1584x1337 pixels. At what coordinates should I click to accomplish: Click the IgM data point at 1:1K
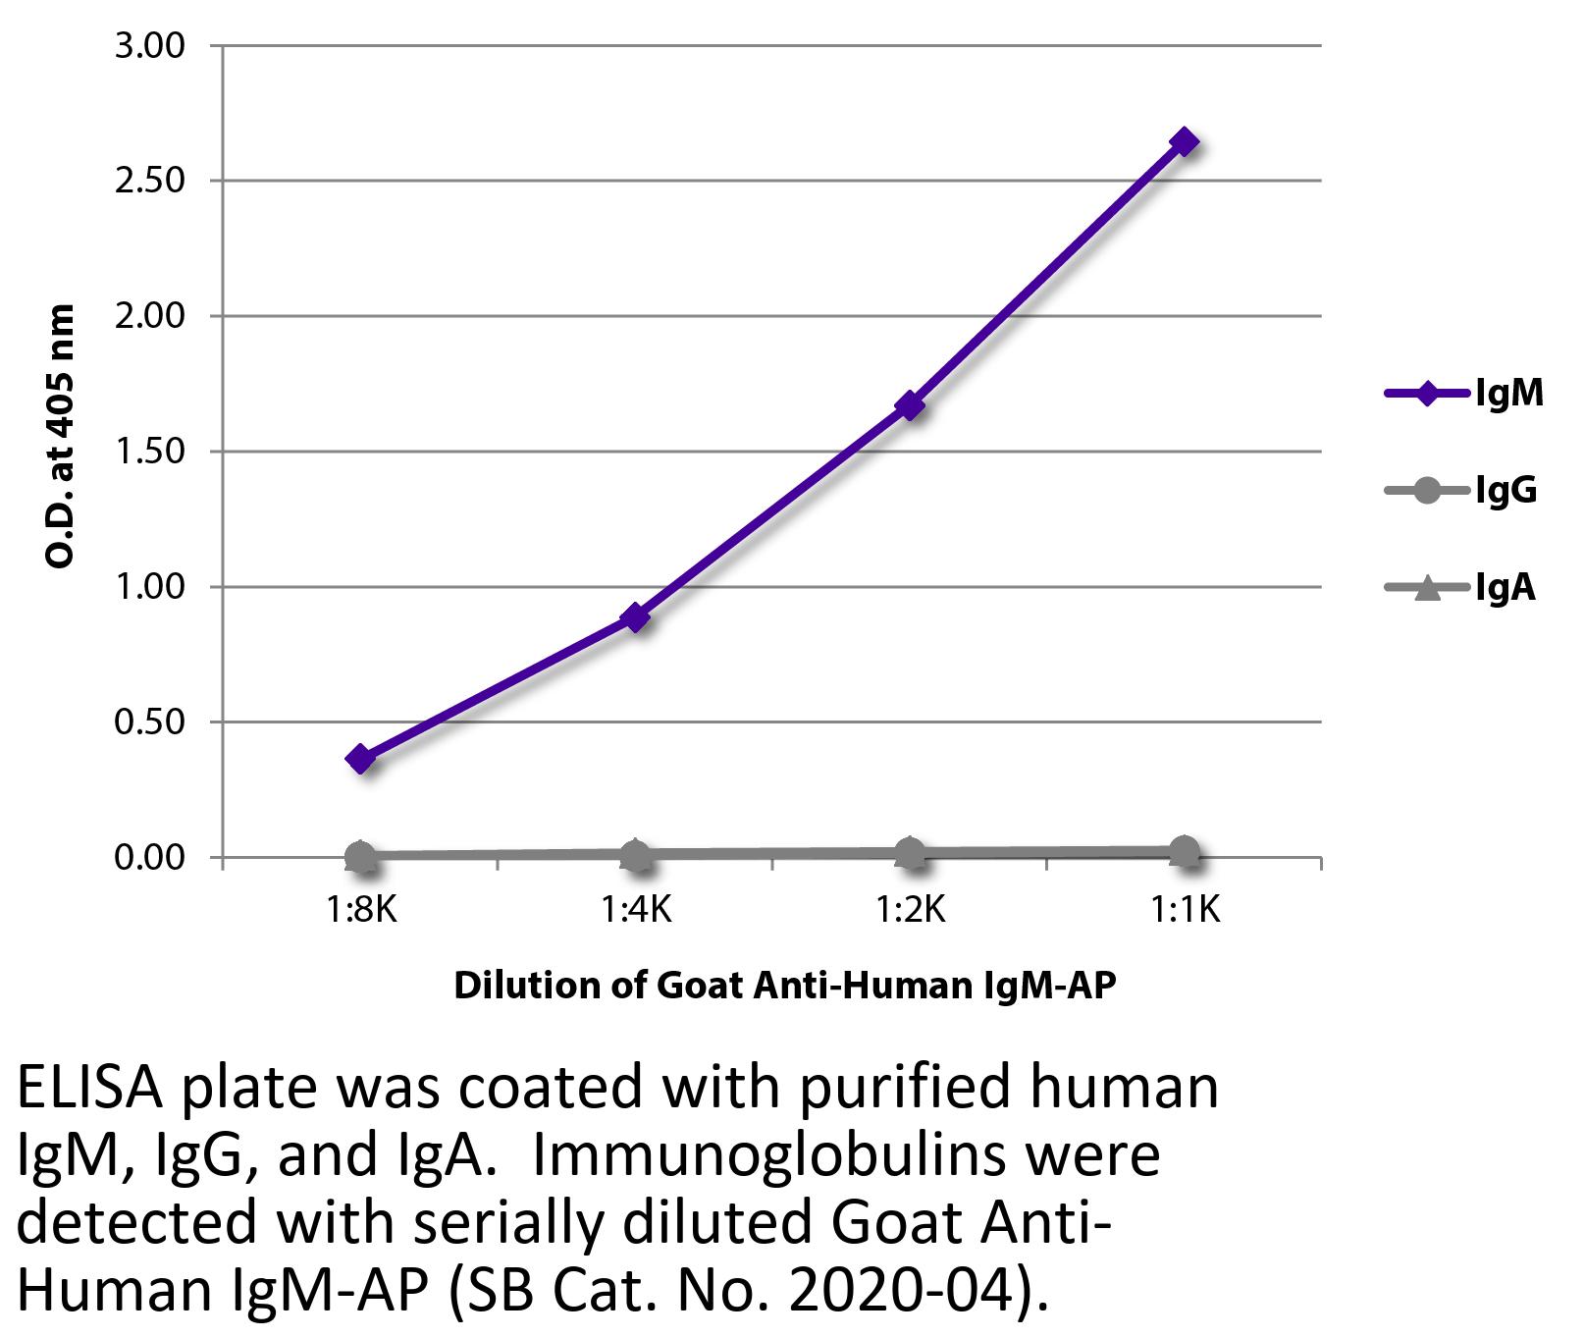tap(1184, 142)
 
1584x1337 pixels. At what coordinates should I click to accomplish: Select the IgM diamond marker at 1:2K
tap(910, 405)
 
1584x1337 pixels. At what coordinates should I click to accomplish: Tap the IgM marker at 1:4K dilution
tap(635, 617)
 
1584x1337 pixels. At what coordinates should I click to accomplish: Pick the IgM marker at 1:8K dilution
tap(360, 759)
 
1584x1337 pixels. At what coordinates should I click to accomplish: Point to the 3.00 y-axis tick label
tap(149, 46)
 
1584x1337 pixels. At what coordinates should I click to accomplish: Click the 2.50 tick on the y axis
tap(149, 182)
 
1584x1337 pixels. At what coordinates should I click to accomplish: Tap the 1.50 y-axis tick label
tap(149, 452)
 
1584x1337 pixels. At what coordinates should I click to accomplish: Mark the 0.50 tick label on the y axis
tap(149, 722)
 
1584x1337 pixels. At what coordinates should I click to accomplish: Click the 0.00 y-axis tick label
tap(149, 857)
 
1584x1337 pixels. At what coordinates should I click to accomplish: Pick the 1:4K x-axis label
tap(635, 910)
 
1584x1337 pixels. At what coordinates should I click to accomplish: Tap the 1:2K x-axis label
tap(910, 910)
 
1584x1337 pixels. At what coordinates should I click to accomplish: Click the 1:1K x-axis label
tap(1185, 910)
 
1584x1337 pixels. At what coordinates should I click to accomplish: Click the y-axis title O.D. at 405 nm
tap(61, 437)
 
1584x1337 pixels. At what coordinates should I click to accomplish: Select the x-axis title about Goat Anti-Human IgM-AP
tap(785, 985)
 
